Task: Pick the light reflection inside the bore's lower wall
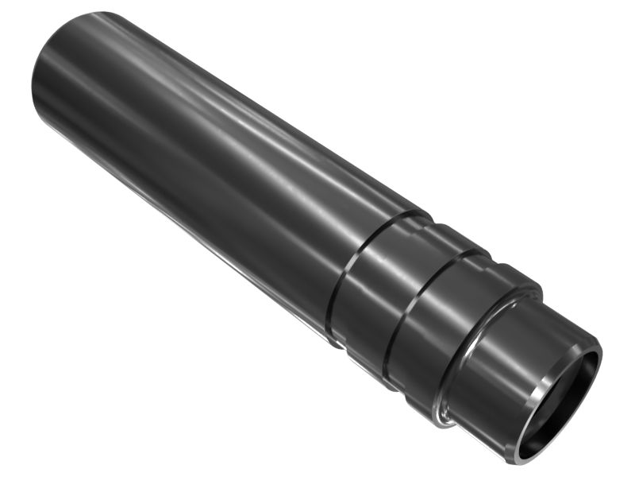(548, 445)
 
